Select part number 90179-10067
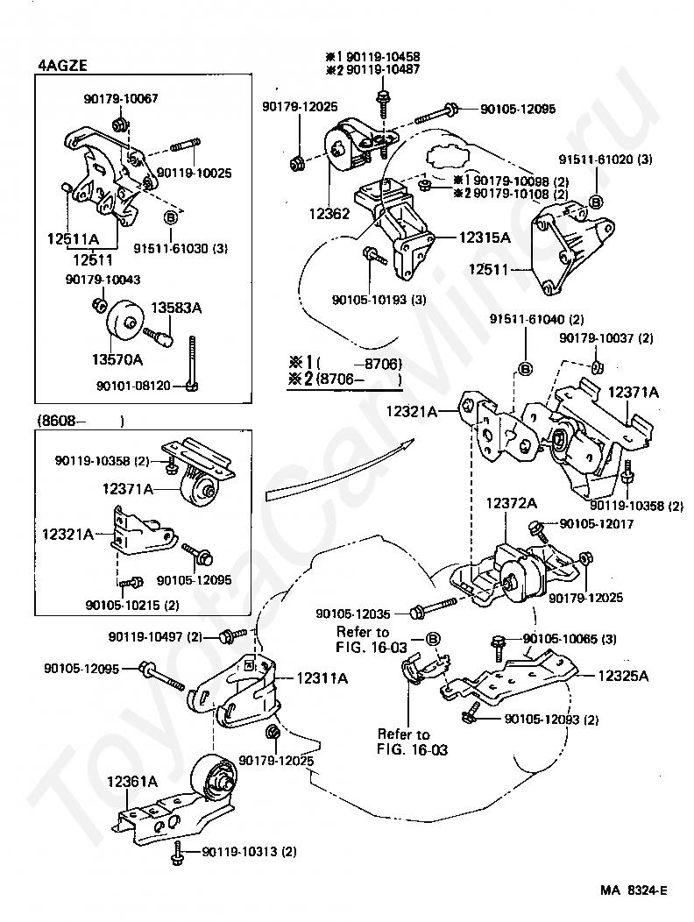(x=121, y=99)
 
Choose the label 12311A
(x=322, y=677)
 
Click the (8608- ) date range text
(x=80, y=421)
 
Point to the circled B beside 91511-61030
(x=170, y=215)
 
